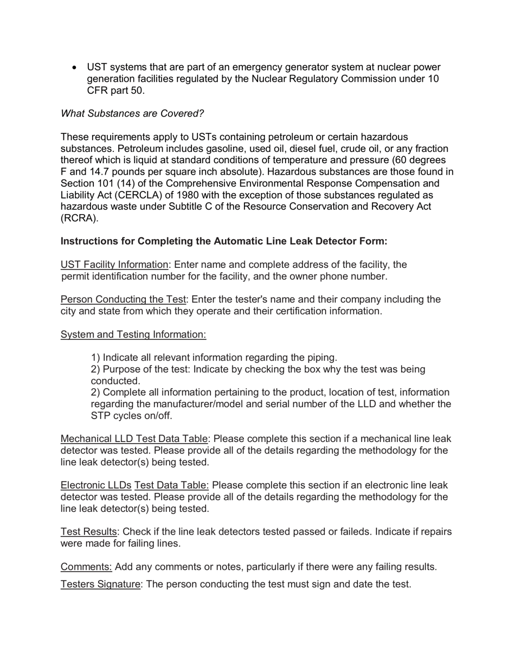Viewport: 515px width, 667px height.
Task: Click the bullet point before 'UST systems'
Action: coord(75,68)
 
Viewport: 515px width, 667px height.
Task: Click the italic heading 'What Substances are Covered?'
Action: coord(132,113)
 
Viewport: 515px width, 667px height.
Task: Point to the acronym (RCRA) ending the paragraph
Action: coord(80,219)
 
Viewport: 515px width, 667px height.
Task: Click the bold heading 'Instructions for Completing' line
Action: coord(224,241)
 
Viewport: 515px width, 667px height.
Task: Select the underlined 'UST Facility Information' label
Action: coord(114,265)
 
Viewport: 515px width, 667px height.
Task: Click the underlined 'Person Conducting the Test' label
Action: coord(123,299)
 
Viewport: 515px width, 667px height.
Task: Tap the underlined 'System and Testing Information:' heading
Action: coord(133,335)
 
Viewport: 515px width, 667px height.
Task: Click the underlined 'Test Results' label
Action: coord(88,532)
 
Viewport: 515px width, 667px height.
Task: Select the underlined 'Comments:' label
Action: coord(86,567)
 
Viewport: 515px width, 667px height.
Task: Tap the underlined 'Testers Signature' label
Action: coord(100,584)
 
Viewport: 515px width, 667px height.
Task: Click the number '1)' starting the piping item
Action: coord(95,358)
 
